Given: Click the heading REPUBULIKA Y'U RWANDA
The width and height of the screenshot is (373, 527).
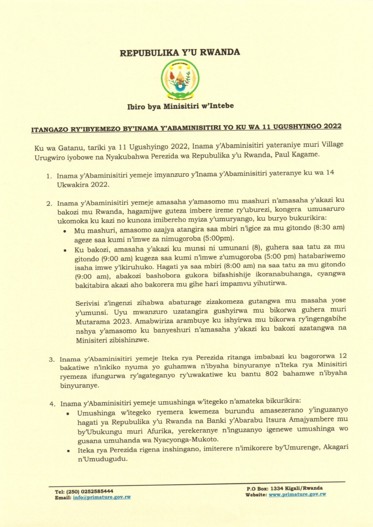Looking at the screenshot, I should (180, 53).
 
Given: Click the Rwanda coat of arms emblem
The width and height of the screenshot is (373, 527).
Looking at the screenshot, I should (180, 80).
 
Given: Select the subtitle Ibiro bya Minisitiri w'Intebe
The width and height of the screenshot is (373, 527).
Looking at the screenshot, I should (180, 106).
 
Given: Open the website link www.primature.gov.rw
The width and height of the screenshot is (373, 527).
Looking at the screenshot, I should (297, 495).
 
